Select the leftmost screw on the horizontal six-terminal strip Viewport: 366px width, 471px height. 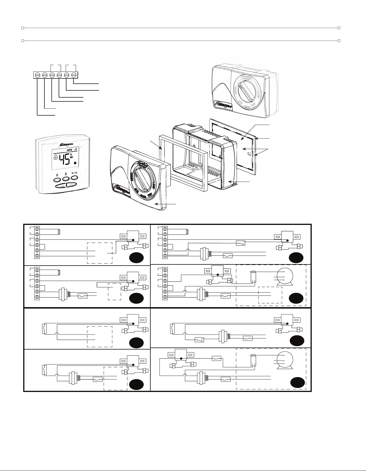(x=37, y=75)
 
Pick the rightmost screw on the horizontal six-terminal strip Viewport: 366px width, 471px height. (x=74, y=75)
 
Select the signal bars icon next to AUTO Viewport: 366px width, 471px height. (x=76, y=149)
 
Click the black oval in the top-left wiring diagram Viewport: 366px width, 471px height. (x=136, y=258)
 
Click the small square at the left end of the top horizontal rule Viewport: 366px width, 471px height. (x=22, y=28)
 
